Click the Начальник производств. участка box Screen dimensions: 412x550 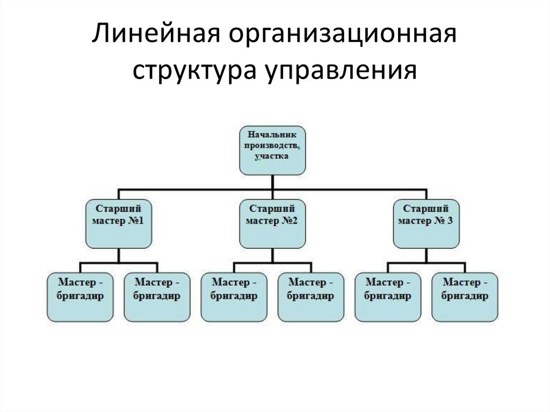click(272, 150)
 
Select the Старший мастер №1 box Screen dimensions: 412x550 click(119, 223)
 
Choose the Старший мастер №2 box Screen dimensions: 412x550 click(272, 223)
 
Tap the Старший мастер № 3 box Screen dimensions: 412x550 click(426, 223)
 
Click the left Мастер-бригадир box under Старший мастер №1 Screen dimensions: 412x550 click(80, 297)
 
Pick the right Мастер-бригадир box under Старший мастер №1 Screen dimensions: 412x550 click(157, 297)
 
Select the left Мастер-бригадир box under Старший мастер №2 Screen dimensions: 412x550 click(234, 297)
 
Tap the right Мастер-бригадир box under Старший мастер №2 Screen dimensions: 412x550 click(311, 297)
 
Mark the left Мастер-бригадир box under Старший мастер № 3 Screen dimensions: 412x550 click(388, 297)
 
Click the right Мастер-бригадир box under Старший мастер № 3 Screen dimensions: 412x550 click(465, 297)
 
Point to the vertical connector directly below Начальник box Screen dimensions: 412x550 click(272, 182)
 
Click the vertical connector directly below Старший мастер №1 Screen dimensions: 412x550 click(119, 255)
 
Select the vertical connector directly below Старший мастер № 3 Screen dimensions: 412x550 click(426, 255)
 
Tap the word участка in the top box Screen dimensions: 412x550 click(272, 156)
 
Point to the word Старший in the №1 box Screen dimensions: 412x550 click(119, 208)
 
